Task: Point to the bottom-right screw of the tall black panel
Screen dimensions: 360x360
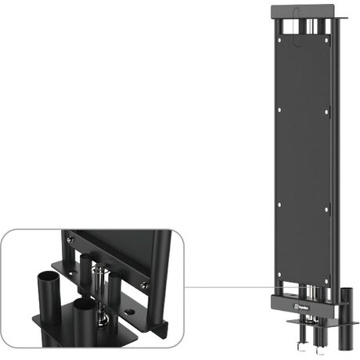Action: [326, 274]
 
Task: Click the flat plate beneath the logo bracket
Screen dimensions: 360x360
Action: [309, 320]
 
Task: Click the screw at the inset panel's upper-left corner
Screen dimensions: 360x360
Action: [70, 237]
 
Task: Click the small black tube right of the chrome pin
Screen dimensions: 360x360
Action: [114, 282]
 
